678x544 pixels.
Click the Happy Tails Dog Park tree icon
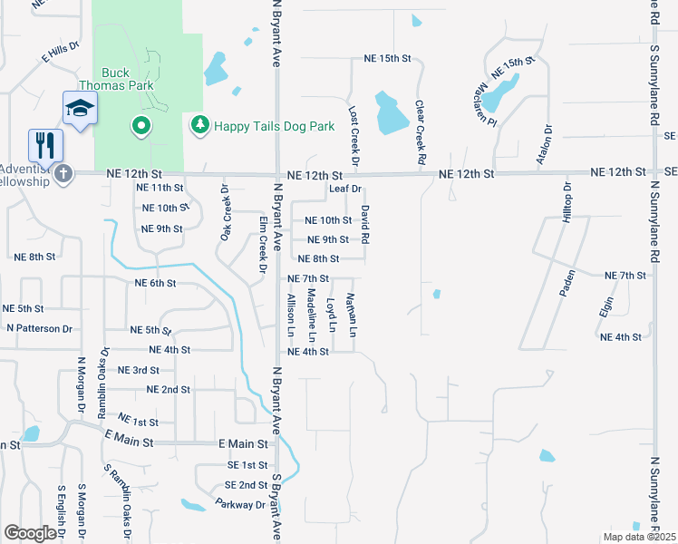point(199,125)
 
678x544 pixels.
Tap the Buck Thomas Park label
point(127,79)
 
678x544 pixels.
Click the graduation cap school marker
point(80,108)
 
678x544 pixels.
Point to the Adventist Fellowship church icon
point(63,173)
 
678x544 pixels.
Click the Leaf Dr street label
point(345,189)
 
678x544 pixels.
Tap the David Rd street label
point(365,223)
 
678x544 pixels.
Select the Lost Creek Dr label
point(354,137)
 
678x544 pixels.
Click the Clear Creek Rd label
point(421,132)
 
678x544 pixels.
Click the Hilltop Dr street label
point(567,202)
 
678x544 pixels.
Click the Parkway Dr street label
point(240,503)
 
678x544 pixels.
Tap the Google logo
point(30,533)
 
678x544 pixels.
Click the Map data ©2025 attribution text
point(639,537)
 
